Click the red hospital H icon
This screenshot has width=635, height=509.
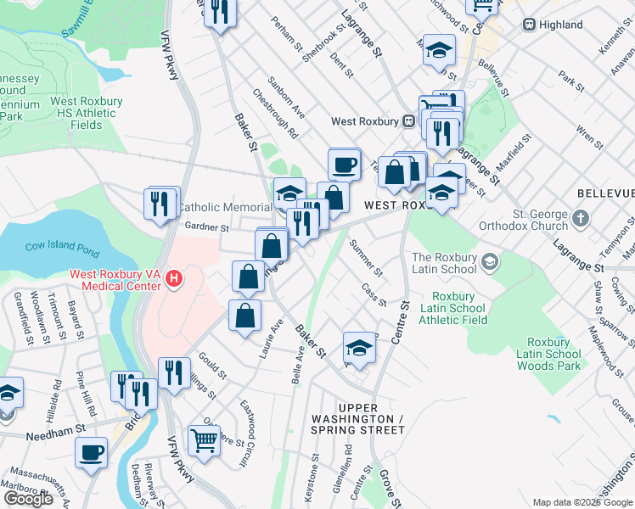pos(175,277)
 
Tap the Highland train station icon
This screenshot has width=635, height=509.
pos(529,25)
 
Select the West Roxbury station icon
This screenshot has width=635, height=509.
pos(408,121)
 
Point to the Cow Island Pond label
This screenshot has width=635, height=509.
pos(64,247)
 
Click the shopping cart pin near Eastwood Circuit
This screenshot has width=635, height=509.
pos(204,439)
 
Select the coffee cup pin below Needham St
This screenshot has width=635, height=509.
pos(91,451)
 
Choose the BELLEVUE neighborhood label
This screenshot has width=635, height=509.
pos(605,194)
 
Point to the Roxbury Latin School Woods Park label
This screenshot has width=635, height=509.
pos(551,354)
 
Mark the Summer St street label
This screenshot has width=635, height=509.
pos(366,258)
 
